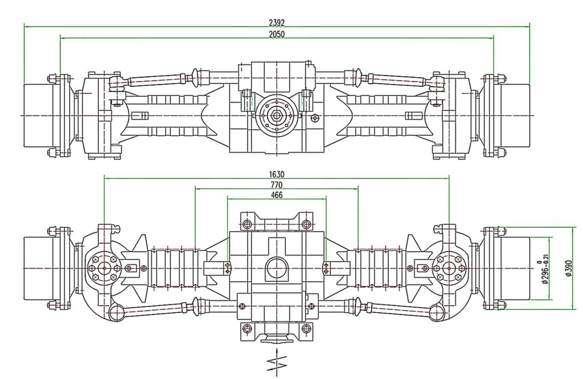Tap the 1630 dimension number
click(x=277, y=174)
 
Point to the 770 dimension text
click(x=277, y=185)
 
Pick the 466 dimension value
click(x=277, y=195)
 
